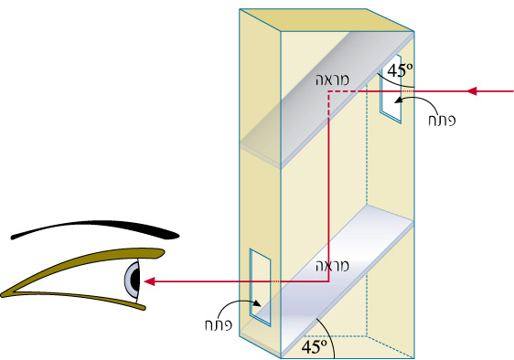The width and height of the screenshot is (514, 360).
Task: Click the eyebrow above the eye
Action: pos(95,227)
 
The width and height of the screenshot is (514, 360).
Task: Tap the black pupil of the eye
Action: pos(135,279)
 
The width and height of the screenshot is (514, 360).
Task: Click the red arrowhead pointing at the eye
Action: pos(149,281)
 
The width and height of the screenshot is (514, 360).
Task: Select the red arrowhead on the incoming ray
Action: pos(471,91)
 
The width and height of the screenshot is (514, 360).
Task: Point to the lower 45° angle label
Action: pos(314,346)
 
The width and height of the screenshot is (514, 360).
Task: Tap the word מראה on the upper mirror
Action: pos(332,79)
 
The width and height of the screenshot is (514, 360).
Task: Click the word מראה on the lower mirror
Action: pos(332,266)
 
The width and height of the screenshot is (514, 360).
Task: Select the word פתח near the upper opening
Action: pos(442,121)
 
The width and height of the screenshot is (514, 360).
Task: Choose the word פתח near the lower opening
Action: pos(219,324)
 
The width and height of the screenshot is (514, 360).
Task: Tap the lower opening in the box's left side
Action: pos(261,288)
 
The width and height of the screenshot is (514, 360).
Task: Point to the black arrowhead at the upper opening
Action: pos(398,101)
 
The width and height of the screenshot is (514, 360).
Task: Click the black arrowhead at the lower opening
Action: pos(257,303)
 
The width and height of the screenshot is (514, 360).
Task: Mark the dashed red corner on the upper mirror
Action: pos(328,91)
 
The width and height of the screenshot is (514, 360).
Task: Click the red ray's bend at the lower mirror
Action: pos(328,281)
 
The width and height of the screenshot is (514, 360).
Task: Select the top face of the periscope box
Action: pos(327,20)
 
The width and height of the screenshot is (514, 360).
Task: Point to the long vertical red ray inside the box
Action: pos(328,186)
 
